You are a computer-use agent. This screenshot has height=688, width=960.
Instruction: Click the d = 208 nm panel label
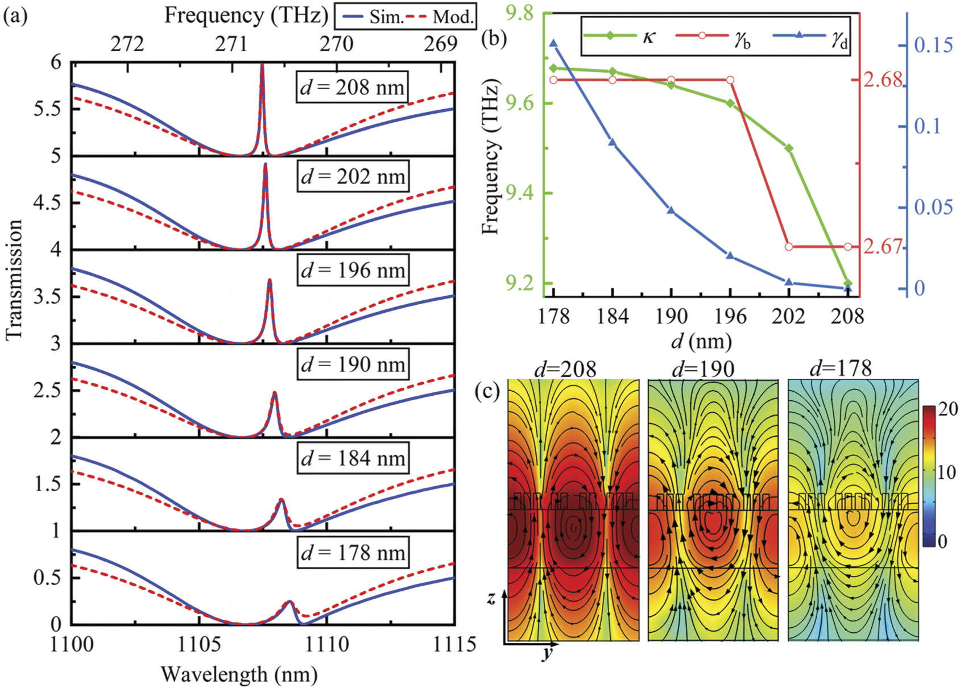(x=353, y=87)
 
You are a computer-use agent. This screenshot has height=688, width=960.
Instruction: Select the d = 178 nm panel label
(x=353, y=552)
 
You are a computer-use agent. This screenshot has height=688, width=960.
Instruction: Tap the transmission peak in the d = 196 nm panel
(x=270, y=280)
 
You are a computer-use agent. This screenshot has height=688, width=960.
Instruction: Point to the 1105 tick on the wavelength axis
(x=199, y=644)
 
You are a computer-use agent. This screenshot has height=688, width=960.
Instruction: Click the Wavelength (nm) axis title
(x=239, y=674)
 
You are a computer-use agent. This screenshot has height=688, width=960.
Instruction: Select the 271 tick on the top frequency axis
(x=231, y=44)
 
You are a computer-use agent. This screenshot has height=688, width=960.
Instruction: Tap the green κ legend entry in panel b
(x=620, y=36)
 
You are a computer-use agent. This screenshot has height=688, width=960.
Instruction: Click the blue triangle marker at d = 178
(x=553, y=43)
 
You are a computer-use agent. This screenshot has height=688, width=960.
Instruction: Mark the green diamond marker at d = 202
(x=789, y=148)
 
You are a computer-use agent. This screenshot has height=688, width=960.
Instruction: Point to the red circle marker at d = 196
(x=730, y=80)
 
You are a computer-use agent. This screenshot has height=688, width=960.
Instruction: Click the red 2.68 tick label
(x=883, y=80)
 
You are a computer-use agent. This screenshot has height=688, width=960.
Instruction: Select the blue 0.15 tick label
(x=933, y=45)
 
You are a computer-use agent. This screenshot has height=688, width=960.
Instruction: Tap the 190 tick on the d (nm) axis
(x=671, y=316)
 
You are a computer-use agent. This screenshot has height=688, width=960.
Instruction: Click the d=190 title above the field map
(x=703, y=369)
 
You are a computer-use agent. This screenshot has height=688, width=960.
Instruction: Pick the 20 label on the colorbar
(x=947, y=409)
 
